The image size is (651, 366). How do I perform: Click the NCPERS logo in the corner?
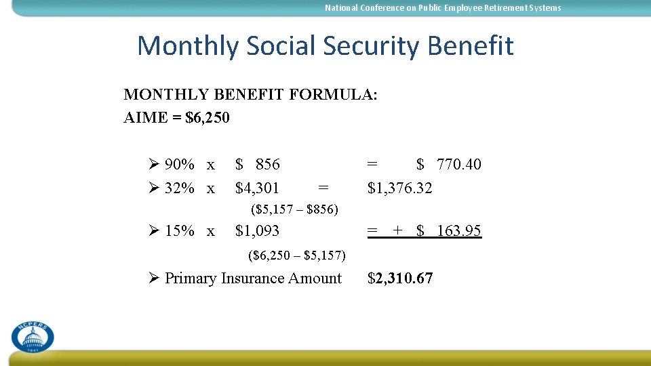point(32,335)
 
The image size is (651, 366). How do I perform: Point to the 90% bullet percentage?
point(180,164)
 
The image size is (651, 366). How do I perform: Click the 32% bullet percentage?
point(180,187)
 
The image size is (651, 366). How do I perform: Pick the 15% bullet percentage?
point(180,230)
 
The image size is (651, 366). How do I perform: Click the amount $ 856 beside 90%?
point(257,164)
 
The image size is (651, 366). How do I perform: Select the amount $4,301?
point(256,187)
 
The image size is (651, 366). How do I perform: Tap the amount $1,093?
point(256,230)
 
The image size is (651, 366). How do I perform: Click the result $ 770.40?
point(448,164)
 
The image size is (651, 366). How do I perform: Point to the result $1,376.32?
point(399,187)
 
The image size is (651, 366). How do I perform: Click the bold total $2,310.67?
point(399,278)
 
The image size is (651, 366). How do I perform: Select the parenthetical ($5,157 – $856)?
point(294,209)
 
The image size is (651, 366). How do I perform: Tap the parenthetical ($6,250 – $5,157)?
point(297,256)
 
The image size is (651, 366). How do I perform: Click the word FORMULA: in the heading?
point(333,94)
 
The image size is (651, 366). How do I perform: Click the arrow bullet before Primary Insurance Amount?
point(154,278)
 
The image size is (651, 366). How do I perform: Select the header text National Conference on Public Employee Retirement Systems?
point(443,8)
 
